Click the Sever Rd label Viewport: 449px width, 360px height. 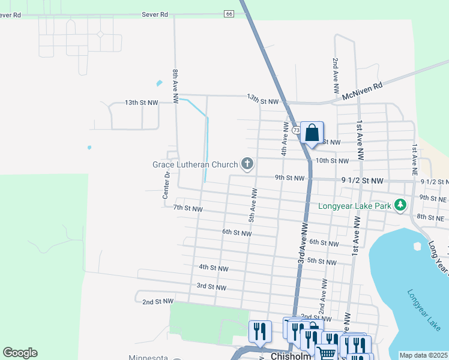(x=155, y=14)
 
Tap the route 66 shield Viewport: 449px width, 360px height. (x=229, y=14)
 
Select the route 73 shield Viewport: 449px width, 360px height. (x=296, y=130)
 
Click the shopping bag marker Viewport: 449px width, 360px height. (x=312, y=133)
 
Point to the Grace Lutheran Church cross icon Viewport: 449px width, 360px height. (x=247, y=163)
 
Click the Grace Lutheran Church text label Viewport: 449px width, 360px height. (x=194, y=164)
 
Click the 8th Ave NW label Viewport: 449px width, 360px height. (x=175, y=88)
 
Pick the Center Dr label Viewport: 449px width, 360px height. (x=166, y=185)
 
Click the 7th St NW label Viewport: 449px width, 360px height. (x=188, y=208)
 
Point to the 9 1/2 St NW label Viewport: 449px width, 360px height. (x=362, y=181)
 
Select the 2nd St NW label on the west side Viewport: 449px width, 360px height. (x=158, y=301)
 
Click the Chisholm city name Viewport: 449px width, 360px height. (x=291, y=356)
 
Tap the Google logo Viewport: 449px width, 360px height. (x=20, y=353)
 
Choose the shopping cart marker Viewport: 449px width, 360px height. (x=326, y=353)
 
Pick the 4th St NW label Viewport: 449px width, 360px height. (x=214, y=268)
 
